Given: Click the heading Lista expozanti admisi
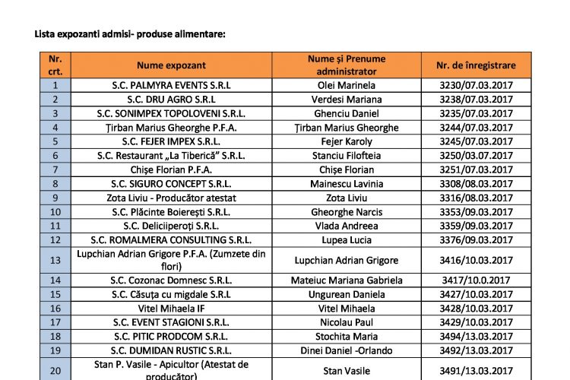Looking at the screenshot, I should click(x=130, y=34).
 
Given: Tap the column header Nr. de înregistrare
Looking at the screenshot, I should click(x=477, y=65).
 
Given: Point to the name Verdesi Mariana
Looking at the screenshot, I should click(x=347, y=99).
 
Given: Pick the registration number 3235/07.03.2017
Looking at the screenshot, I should click(x=477, y=113).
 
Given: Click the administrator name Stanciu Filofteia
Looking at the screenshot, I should click(x=347, y=155).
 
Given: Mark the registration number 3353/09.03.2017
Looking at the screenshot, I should click(x=477, y=211).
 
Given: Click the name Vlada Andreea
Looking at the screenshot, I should click(x=347, y=226).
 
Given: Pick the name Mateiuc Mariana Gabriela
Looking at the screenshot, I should click(x=347, y=280).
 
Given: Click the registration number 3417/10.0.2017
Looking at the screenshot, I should click(x=477, y=280).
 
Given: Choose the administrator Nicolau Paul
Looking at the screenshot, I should click(x=347, y=322).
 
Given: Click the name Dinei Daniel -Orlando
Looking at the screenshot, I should click(x=347, y=350).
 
